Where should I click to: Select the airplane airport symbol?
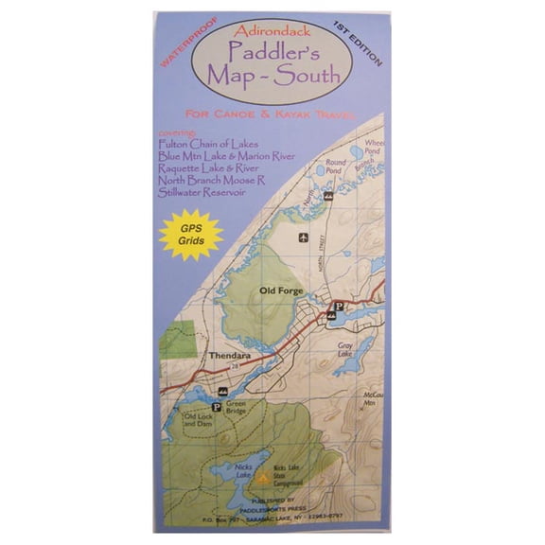click(304, 237)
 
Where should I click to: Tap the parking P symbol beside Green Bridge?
click(216, 407)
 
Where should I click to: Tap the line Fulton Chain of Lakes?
click(202, 145)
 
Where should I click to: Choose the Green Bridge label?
click(237, 406)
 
